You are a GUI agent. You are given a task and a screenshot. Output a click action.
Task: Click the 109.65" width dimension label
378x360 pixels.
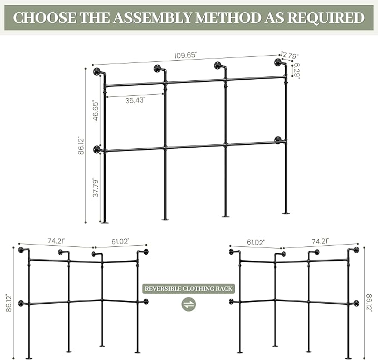[185, 55]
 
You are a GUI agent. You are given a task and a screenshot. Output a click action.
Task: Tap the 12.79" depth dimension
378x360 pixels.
[289, 56]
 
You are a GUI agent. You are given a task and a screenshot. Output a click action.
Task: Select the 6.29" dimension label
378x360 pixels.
[297, 70]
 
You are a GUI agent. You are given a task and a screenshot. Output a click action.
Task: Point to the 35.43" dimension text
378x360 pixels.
[135, 100]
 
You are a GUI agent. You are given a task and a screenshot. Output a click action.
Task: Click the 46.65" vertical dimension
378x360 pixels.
[96, 111]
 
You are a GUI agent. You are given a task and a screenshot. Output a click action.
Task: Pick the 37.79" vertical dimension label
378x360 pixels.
[96, 188]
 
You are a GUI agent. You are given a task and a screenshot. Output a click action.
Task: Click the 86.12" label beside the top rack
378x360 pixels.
[81, 145]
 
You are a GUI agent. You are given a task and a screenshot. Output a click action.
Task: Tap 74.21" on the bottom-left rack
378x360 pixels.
[57, 241]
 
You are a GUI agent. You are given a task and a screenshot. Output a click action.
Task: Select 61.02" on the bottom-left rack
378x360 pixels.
[121, 241]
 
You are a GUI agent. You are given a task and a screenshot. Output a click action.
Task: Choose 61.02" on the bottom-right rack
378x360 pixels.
[256, 242]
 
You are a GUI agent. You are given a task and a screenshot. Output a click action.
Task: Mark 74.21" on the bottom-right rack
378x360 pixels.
[321, 241]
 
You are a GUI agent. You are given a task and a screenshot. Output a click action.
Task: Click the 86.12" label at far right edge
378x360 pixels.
[369, 303]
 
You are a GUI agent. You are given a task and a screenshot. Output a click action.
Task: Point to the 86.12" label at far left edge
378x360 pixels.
[9, 303]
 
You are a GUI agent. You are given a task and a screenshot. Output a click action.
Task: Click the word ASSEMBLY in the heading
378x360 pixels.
[153, 17]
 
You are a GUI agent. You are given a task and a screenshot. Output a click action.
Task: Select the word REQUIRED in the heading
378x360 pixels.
[326, 18]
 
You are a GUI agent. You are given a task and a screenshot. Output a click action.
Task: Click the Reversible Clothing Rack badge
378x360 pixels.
[189, 289]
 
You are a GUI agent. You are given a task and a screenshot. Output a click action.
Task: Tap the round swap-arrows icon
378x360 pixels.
[189, 304]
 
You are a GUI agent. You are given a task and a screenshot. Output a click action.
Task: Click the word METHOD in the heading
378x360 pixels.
[228, 17]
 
